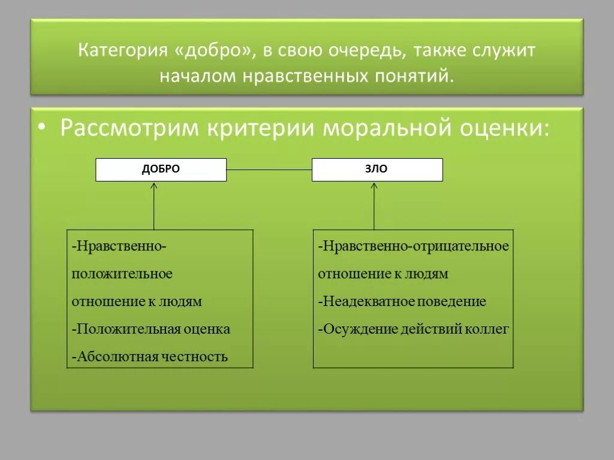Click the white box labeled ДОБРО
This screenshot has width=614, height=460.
[x=161, y=170]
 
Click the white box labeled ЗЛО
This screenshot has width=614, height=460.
[x=377, y=170]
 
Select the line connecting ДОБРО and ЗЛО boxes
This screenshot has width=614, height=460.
[x=269, y=170]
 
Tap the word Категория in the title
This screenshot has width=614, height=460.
[x=122, y=50]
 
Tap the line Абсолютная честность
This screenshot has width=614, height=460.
[x=151, y=357]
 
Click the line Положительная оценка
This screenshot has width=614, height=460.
[x=151, y=329]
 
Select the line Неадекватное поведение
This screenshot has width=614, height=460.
[x=402, y=301]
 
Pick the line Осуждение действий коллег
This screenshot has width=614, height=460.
[x=414, y=329]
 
